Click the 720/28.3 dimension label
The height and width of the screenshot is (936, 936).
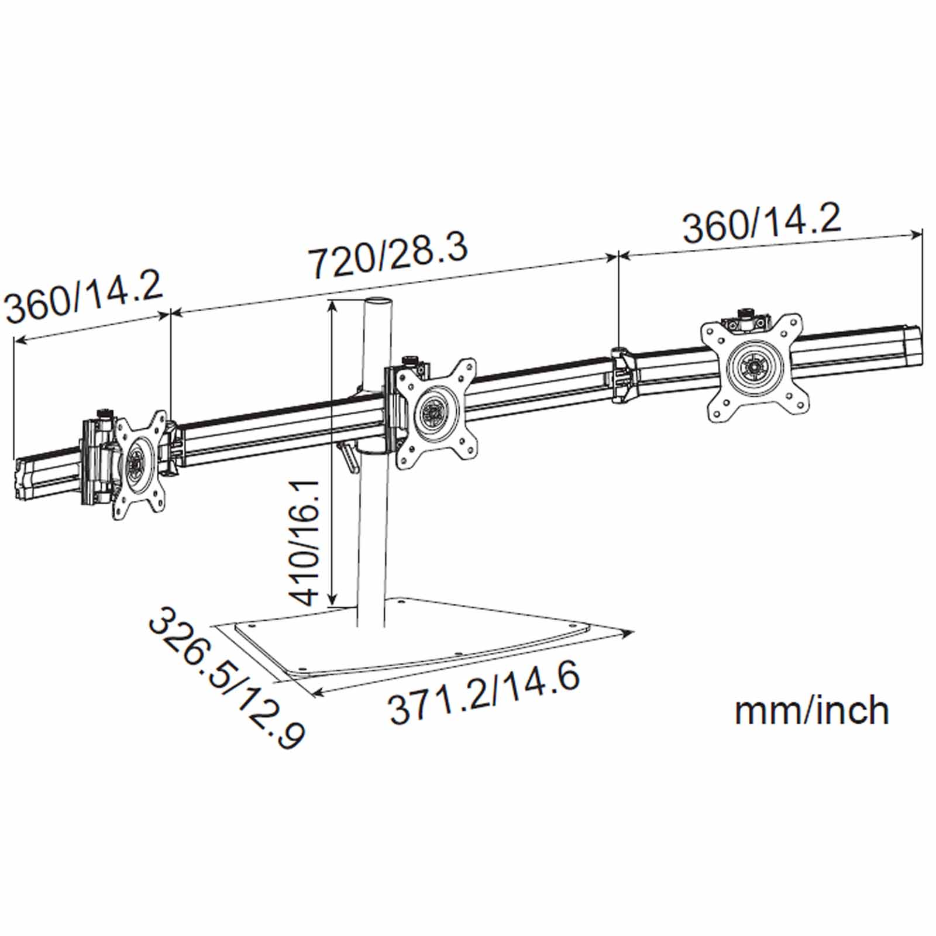[x=388, y=255]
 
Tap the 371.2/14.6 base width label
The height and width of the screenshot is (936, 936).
[x=485, y=693]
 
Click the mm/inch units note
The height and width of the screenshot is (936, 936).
[x=811, y=710]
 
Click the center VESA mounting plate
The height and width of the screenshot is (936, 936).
[x=435, y=412]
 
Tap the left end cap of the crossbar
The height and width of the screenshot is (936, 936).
[x=21, y=479]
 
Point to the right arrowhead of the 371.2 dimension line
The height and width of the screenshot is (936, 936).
[x=629, y=632]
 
